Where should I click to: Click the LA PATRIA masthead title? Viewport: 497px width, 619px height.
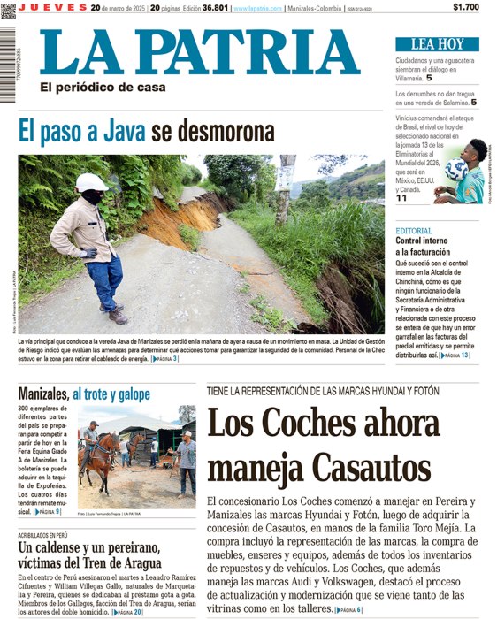tap(199, 52)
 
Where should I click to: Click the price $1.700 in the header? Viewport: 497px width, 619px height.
tap(465, 7)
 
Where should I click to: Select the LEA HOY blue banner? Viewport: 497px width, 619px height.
tap(437, 44)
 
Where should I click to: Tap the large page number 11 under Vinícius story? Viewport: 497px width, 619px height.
tap(401, 198)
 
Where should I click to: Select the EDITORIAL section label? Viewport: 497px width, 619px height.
tap(414, 231)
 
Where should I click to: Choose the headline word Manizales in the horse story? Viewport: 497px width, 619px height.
tap(43, 393)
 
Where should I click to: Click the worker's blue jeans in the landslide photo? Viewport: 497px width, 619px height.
tap(104, 281)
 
